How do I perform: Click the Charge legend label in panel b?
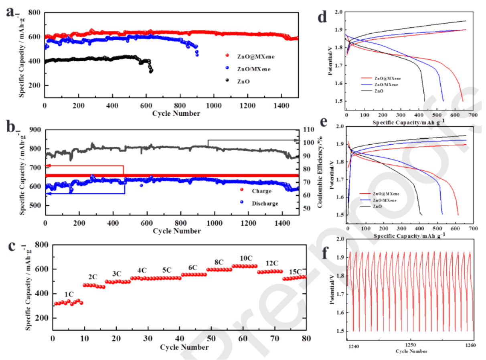click(261, 191)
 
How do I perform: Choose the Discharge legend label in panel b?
click(265, 203)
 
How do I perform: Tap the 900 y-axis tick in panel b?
click(36, 130)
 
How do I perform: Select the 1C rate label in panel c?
click(69, 295)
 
